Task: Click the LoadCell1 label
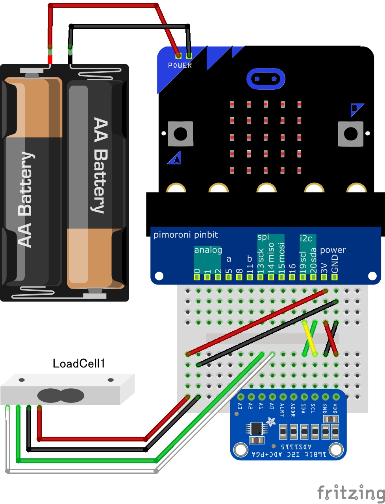click(x=79, y=363)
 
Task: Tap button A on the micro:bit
click(x=181, y=134)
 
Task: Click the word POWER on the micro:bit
click(x=180, y=65)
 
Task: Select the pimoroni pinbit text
click(x=185, y=235)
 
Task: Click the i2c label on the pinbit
click(x=306, y=238)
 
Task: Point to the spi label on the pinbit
click(x=263, y=237)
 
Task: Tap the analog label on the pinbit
click(x=208, y=250)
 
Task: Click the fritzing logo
click(x=351, y=492)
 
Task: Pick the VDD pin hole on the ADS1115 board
click(x=336, y=397)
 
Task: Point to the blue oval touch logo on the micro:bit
click(x=265, y=79)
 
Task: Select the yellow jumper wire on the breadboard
click(x=309, y=338)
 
